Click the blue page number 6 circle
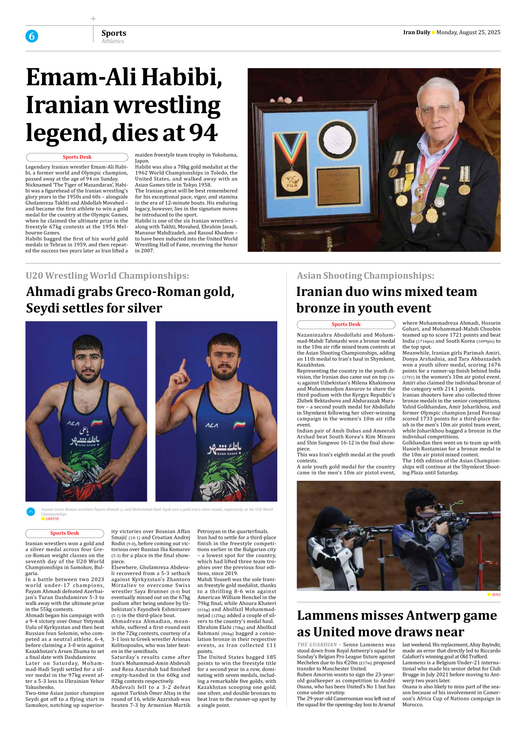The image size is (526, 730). pyautogui.click(x=32, y=36)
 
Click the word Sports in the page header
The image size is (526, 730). pyautogui.click(x=114, y=33)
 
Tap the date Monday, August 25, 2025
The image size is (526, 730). pyautogui.click(x=468, y=32)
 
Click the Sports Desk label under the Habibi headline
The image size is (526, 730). pyautogui.click(x=77, y=157)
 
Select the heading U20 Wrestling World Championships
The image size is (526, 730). pyautogui.click(x=107, y=276)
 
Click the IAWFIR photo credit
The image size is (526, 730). pyautogui.click(x=52, y=519)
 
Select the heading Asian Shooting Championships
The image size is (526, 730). pyautogui.click(x=365, y=276)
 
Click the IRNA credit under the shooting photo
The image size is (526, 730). pyautogui.click(x=496, y=594)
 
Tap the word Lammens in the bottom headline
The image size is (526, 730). pyautogui.click(x=339, y=615)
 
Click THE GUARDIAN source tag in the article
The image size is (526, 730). pyautogui.click(x=316, y=645)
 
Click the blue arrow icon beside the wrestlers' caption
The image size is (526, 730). pyautogui.click(x=31, y=512)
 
